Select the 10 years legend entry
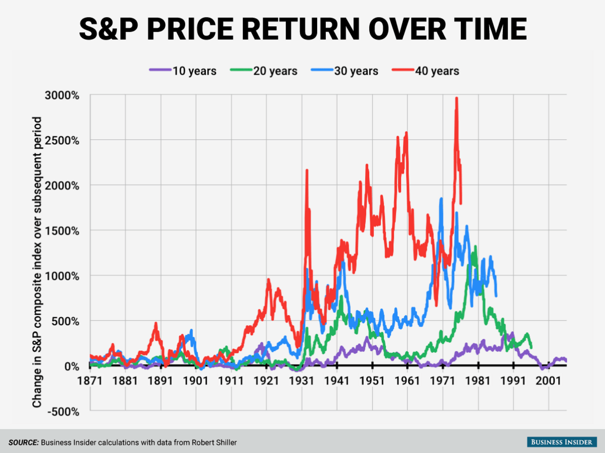182,71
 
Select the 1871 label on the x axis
90,380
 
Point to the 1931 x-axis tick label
302,380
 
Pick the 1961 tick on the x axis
408,380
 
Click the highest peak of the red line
456,98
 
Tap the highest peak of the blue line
441,199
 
